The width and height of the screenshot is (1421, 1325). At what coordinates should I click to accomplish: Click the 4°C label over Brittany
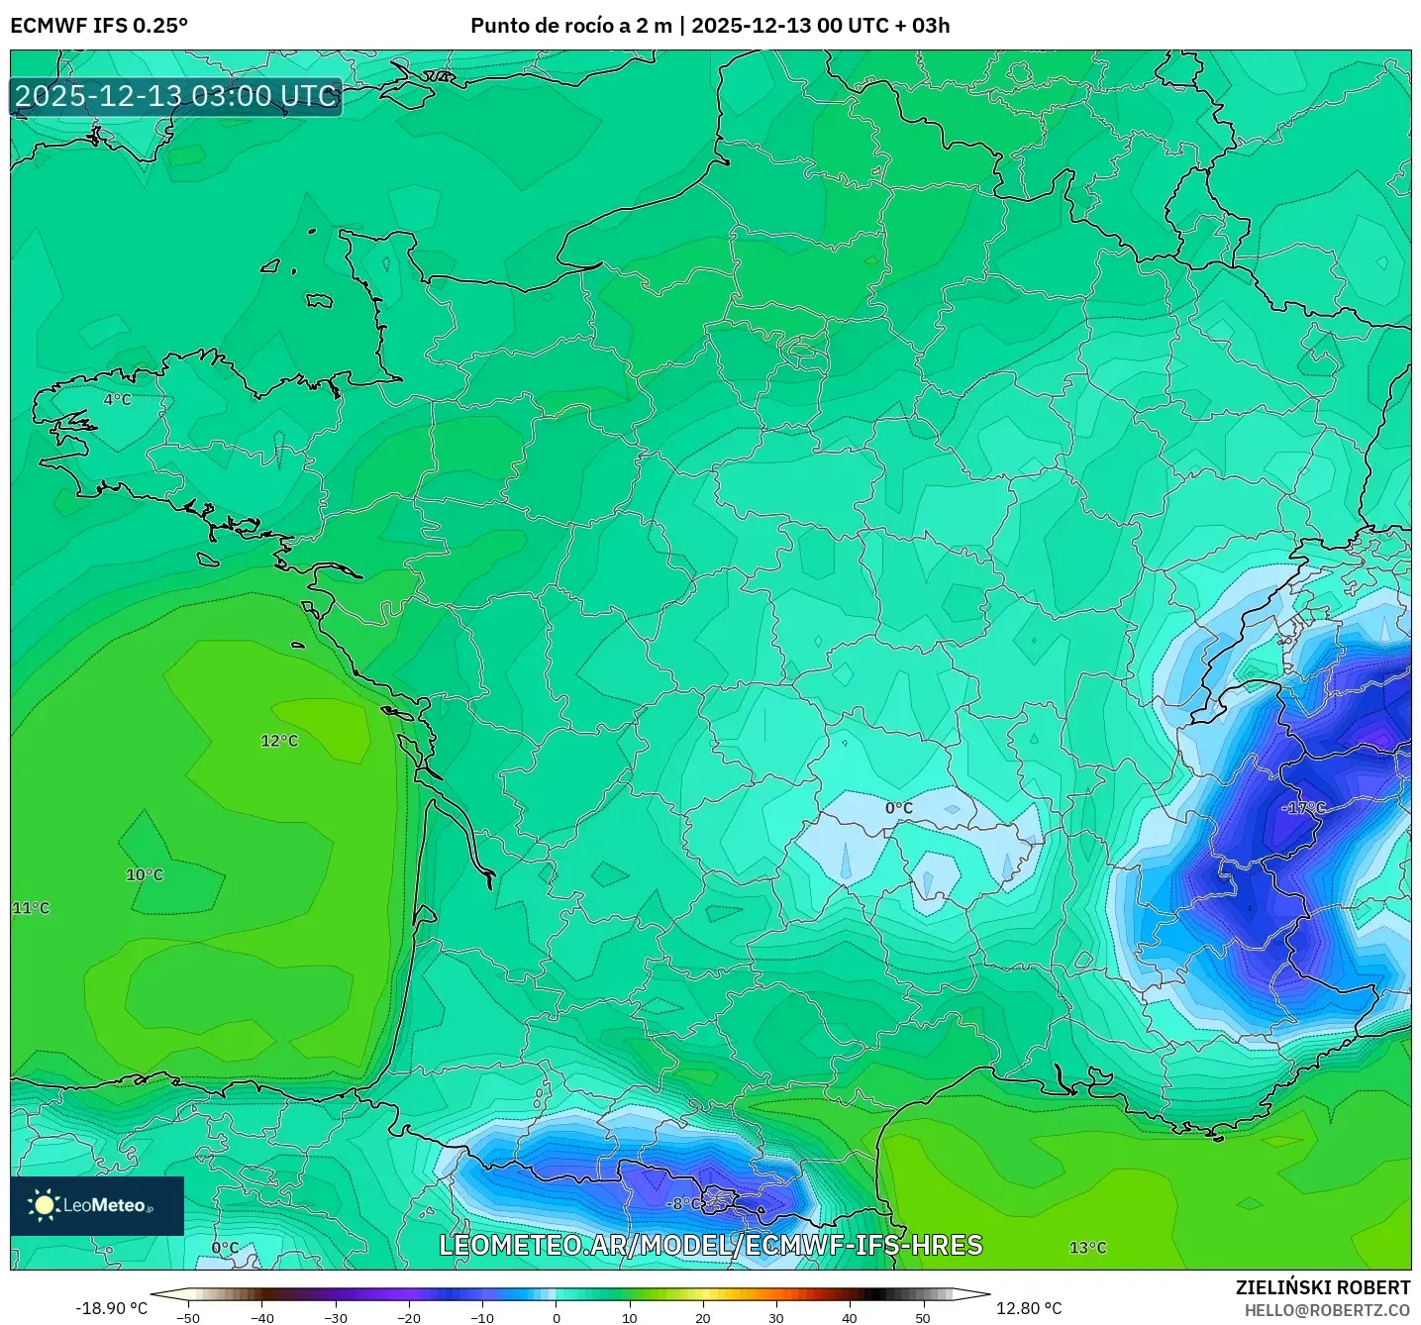(x=118, y=399)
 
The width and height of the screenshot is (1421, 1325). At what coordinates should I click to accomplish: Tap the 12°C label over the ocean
(x=279, y=741)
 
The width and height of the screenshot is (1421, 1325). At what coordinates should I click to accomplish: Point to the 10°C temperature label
(x=145, y=874)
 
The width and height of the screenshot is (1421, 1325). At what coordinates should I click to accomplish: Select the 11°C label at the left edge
(x=31, y=908)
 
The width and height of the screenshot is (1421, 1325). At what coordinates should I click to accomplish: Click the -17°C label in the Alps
(x=1304, y=808)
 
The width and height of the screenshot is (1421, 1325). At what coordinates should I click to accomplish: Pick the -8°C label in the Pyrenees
(x=684, y=1204)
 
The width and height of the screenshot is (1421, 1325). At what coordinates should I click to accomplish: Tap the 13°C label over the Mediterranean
(x=1087, y=1248)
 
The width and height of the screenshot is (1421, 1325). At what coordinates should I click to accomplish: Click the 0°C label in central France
(x=899, y=808)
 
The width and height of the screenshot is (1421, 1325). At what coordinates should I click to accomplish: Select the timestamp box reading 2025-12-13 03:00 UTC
(x=176, y=96)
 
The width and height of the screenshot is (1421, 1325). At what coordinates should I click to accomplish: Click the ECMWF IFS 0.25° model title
(x=99, y=26)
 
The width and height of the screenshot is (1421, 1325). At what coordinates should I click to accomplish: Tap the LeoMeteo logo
(x=97, y=1205)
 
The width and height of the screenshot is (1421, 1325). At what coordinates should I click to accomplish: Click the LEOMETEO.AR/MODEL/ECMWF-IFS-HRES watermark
(x=710, y=1245)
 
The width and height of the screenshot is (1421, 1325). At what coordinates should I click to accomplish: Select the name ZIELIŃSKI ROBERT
(x=1323, y=1287)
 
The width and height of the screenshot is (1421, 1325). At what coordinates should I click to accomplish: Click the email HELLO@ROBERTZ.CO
(x=1327, y=1310)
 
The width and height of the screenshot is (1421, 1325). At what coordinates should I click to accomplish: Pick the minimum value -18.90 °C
(x=112, y=1308)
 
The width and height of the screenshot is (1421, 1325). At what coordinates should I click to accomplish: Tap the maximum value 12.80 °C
(x=1029, y=1308)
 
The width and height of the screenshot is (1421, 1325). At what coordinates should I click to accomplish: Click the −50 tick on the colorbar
(x=188, y=1318)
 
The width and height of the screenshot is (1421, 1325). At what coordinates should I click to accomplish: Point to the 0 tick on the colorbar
(x=557, y=1318)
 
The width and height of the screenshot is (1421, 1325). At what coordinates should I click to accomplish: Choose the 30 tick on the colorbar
(x=776, y=1318)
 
